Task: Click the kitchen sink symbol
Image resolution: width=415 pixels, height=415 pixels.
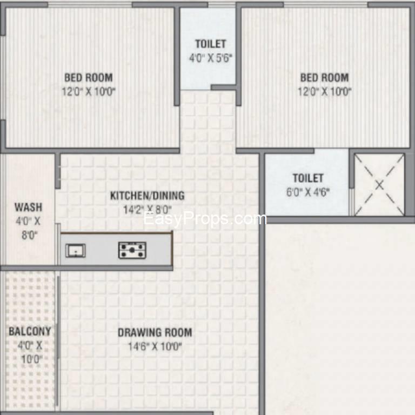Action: point(76,250)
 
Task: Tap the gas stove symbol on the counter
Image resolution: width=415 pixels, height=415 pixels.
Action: point(132,250)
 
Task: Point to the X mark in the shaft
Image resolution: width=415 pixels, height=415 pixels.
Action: point(379,185)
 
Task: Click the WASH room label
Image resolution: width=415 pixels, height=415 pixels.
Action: point(28,207)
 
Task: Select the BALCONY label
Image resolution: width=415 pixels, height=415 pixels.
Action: point(30,331)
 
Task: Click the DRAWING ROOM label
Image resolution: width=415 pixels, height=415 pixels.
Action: point(155,332)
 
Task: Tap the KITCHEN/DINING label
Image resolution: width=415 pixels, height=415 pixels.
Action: point(148,196)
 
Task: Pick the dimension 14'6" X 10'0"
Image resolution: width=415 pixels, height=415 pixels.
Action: point(155,346)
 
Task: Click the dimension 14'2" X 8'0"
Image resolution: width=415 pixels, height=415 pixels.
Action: point(148,210)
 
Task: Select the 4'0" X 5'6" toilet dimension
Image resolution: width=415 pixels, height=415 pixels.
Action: point(211,58)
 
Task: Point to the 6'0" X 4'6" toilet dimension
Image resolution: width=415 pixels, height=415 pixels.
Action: point(308,192)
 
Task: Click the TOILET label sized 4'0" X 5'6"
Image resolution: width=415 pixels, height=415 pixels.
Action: point(211,44)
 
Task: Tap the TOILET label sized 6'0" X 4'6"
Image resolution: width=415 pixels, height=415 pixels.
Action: point(308,178)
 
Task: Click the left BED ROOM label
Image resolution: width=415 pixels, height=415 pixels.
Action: point(89,78)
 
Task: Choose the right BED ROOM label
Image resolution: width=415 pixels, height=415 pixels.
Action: point(324,78)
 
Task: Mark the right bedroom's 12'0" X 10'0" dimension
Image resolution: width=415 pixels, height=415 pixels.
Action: point(324,91)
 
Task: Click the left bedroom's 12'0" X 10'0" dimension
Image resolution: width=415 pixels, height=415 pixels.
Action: point(89,91)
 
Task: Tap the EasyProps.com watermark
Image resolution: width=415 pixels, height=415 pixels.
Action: point(205,219)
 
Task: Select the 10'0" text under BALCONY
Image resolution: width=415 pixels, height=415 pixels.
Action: point(32,359)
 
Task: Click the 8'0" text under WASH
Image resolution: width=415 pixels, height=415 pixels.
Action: point(29,235)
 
